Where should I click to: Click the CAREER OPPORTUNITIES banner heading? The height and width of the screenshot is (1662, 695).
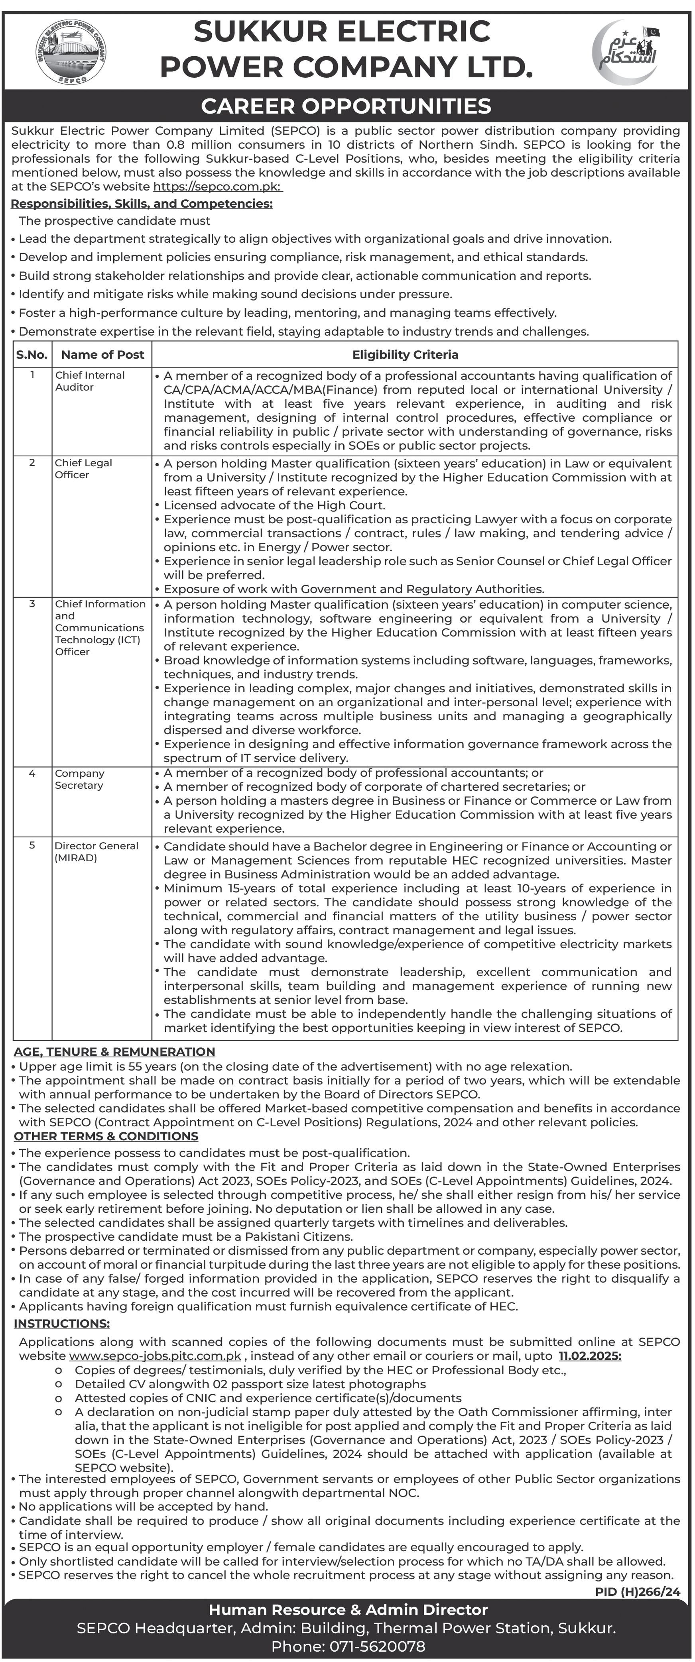click(347, 106)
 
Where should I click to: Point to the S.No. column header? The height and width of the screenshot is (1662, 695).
click(32, 354)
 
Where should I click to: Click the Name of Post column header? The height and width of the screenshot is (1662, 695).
click(102, 354)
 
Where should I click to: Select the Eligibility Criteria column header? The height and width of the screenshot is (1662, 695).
click(405, 354)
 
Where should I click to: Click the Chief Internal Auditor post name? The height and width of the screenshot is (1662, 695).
click(90, 381)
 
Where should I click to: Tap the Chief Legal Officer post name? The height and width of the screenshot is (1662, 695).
click(83, 468)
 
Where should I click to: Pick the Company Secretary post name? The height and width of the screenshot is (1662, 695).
click(79, 779)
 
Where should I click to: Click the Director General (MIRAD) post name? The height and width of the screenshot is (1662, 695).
click(96, 852)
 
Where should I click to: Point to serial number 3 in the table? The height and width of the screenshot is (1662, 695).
click(32, 604)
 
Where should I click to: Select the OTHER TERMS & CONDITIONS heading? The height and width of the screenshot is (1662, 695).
click(106, 1136)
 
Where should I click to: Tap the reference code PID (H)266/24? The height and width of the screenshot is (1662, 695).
click(638, 1592)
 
